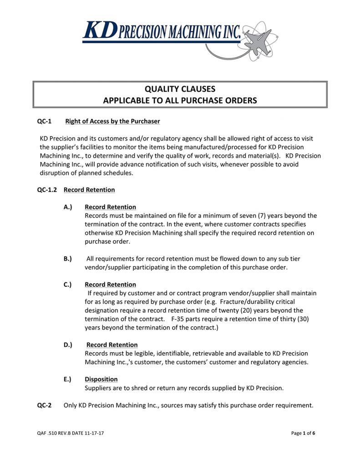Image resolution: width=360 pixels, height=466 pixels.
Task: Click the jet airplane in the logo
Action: [x=259, y=39]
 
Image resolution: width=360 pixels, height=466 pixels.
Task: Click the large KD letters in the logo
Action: [x=99, y=30]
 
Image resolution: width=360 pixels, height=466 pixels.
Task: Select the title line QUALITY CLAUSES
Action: [x=180, y=89]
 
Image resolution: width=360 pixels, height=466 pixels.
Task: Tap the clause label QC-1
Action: [x=44, y=122]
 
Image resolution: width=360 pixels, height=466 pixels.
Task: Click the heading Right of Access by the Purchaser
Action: [x=112, y=122]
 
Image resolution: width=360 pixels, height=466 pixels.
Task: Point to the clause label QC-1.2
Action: [x=47, y=190]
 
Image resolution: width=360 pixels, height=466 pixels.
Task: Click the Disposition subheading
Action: [x=101, y=380]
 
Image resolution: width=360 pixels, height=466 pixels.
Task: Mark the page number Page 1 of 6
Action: [x=303, y=433]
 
